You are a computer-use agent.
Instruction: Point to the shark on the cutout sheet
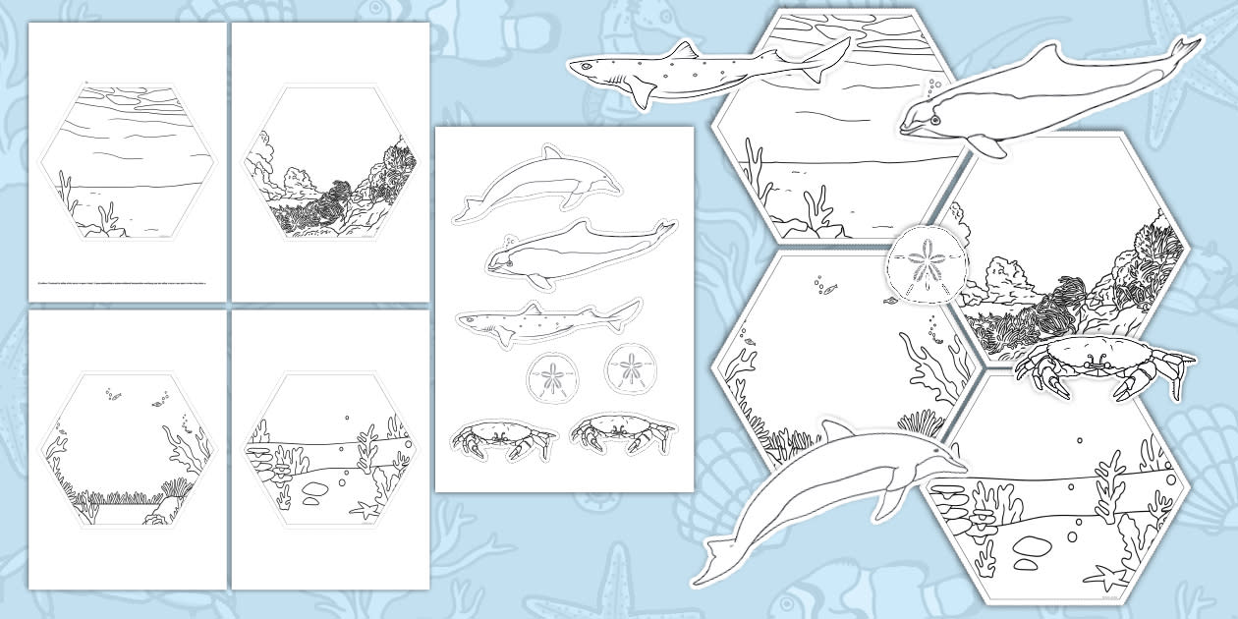click(x=545, y=320)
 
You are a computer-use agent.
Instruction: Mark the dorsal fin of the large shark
click(x=684, y=51)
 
